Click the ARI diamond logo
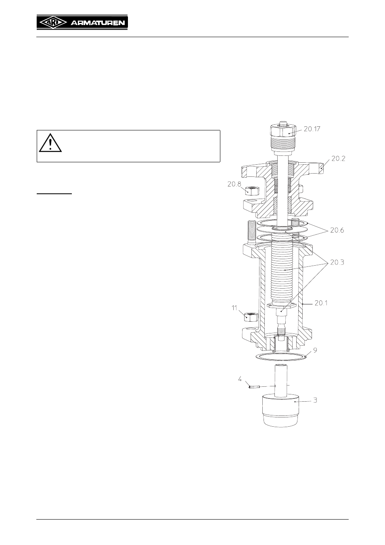(52, 23)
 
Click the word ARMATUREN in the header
(98, 23)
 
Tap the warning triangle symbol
(50, 143)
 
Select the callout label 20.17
(312, 129)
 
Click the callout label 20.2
(338, 159)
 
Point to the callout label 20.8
(234, 184)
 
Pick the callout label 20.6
(337, 230)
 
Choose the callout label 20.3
(337, 262)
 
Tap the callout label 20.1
(321, 303)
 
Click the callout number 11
(234, 308)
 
